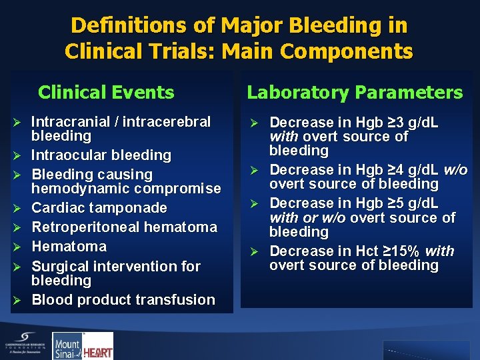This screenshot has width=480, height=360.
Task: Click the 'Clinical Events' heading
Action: [x=106, y=92]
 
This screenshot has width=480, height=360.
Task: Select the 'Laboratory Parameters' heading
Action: [x=355, y=92]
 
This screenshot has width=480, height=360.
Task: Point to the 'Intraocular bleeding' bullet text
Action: [x=101, y=155]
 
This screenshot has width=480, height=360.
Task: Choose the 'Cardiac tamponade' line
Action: [x=99, y=208]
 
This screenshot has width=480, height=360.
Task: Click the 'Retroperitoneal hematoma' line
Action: [x=124, y=227]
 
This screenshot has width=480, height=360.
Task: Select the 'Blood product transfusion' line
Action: [x=123, y=300]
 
